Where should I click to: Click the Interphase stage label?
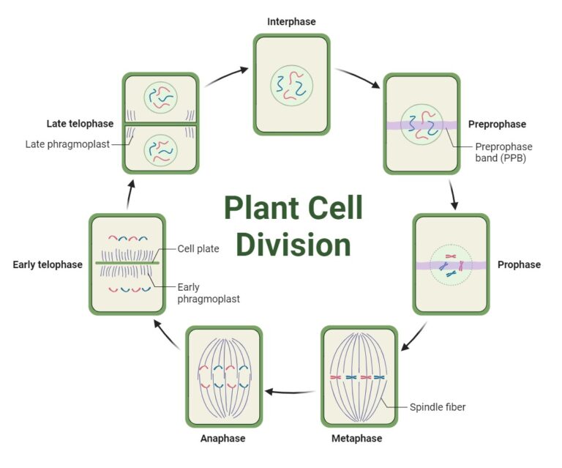tap(291, 22)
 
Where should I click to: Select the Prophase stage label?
tap(519, 264)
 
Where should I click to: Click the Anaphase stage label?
tap(222, 439)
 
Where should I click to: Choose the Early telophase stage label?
tap(48, 264)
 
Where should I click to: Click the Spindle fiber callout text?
tap(438, 406)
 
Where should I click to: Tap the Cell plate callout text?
tap(198, 248)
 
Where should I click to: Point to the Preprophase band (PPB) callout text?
tap(504, 152)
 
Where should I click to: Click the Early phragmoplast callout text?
tap(209, 293)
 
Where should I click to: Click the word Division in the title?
tap(293, 244)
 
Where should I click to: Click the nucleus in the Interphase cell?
tap(291, 86)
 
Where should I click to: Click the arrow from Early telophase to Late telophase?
tap(130, 195)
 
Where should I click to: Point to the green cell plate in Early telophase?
tap(125, 261)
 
